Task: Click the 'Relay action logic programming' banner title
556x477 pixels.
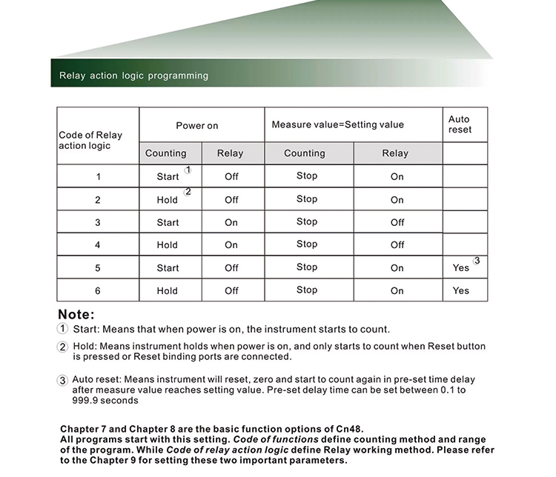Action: pyautogui.click(x=133, y=76)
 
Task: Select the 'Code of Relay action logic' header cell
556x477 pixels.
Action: pyautogui.click(x=90, y=140)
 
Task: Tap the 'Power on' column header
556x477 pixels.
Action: pyautogui.click(x=197, y=126)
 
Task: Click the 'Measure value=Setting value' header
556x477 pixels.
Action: pyautogui.click(x=337, y=124)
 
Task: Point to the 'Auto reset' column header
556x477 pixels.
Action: pyautogui.click(x=460, y=124)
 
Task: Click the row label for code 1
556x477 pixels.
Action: pyautogui.click(x=98, y=176)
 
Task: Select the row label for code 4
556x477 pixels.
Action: pyautogui.click(x=98, y=245)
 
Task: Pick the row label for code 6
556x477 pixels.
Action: pyautogui.click(x=98, y=291)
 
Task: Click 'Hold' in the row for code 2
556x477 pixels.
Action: pyautogui.click(x=168, y=200)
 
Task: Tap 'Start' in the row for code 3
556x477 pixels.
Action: pyautogui.click(x=168, y=222)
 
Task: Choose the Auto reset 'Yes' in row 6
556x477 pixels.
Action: pyautogui.click(x=461, y=291)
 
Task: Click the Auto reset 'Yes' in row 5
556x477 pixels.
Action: pyautogui.click(x=461, y=268)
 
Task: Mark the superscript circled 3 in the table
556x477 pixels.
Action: pyautogui.click(x=477, y=261)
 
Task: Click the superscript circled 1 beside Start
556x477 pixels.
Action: pyautogui.click(x=188, y=170)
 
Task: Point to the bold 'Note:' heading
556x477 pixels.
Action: pyautogui.click(x=76, y=315)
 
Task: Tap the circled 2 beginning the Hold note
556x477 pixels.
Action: pyautogui.click(x=63, y=347)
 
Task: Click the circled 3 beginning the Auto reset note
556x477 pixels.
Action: pyautogui.click(x=63, y=380)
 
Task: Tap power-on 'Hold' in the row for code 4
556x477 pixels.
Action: pyautogui.click(x=168, y=245)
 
